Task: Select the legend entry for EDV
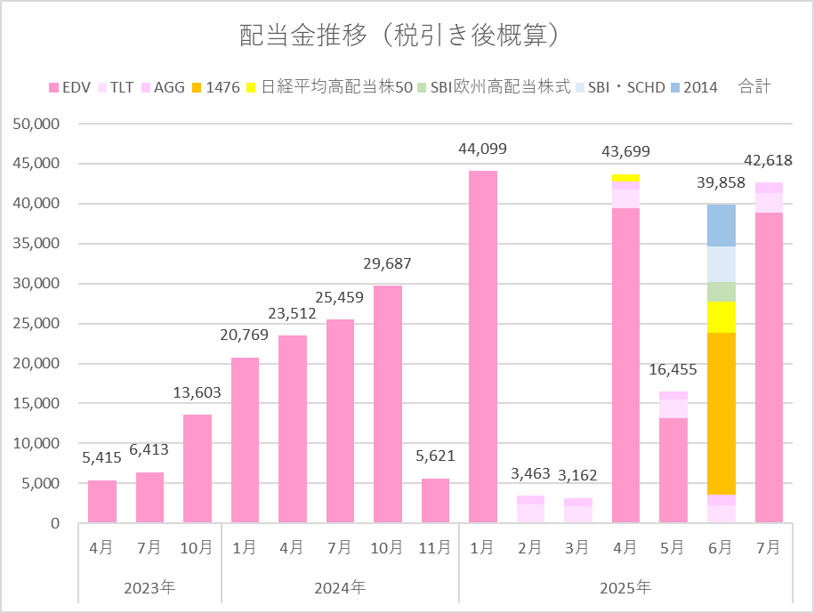click(69, 87)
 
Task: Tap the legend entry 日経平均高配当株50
click(329, 87)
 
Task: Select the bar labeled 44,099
click(483, 347)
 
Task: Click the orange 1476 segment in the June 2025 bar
click(721, 414)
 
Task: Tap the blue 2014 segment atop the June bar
click(721, 226)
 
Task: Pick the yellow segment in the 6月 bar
click(721, 317)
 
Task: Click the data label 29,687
click(388, 263)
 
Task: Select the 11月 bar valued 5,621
click(435, 501)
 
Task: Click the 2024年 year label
click(340, 588)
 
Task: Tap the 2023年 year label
click(149, 588)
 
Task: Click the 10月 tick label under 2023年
click(197, 548)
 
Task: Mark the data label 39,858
click(721, 184)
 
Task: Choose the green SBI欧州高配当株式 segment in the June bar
click(721, 292)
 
